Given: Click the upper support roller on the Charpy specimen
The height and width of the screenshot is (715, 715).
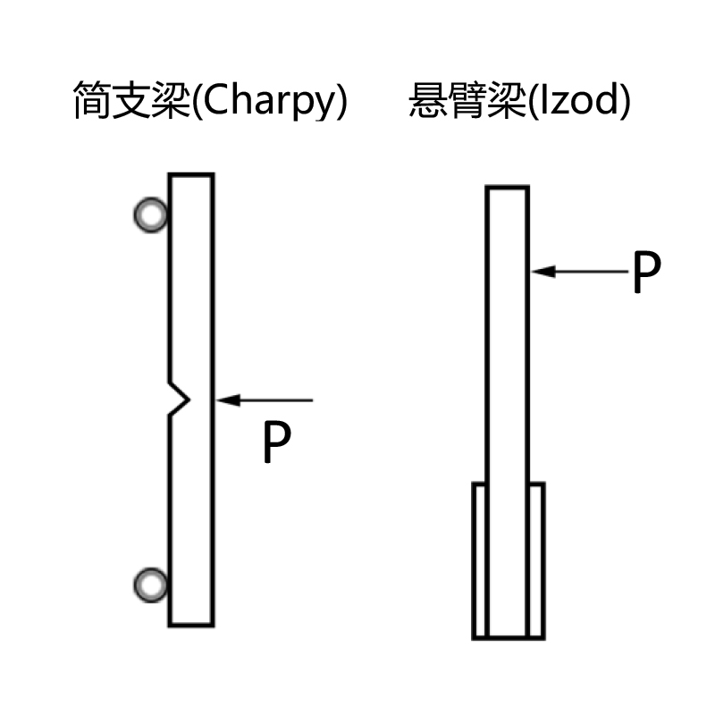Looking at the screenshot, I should [150, 214].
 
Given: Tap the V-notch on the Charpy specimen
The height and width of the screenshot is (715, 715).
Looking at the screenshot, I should [181, 399].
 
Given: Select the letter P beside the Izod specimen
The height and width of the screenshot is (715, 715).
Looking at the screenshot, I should [645, 273].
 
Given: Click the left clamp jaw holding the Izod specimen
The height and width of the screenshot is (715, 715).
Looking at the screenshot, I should [479, 560].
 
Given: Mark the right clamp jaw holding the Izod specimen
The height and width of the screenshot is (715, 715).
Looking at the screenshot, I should [536, 560].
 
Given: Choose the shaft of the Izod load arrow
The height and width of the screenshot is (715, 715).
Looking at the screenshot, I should [590, 271].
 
